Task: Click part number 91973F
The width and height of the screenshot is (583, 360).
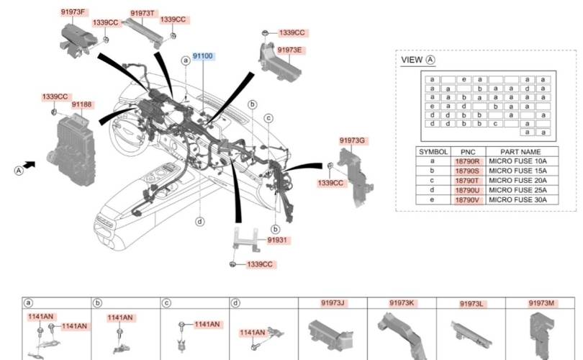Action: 73,12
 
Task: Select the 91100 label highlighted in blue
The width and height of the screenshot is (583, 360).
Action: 202,55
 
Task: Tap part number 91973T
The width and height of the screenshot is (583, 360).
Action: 143,14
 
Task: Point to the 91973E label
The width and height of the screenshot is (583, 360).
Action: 289,50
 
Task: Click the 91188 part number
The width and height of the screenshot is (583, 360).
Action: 81,104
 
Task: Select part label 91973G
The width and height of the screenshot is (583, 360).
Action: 353,140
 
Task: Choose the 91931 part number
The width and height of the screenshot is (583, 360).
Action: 277,239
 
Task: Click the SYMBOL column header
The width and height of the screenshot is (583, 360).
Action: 433,153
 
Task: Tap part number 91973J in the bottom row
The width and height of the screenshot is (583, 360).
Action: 333,303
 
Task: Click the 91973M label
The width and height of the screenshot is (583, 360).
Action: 541,303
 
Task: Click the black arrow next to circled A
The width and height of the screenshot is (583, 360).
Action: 30,165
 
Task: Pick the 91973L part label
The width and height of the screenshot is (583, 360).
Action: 471,305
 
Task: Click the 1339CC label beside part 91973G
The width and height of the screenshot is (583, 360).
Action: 332,184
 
